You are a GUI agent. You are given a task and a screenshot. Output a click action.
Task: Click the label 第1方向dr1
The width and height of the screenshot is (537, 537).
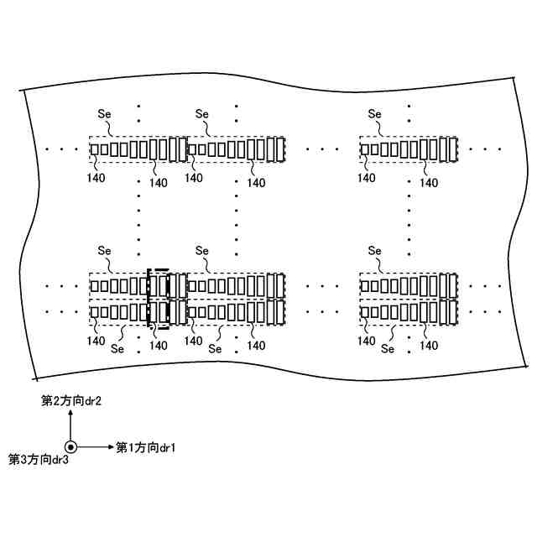[146, 446]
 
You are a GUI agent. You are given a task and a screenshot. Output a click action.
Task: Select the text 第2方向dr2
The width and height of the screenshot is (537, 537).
[71, 402]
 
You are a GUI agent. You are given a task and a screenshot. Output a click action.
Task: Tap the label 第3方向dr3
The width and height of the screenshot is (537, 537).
[38, 460]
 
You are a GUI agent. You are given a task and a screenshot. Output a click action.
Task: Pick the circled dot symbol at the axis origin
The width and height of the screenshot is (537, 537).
[71, 447]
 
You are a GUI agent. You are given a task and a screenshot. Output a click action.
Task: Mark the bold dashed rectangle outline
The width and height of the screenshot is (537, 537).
[159, 298]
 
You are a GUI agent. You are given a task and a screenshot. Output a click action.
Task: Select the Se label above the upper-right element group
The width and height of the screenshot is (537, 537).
[374, 113]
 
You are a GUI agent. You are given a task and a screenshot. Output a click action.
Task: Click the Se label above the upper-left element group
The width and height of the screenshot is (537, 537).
[105, 113]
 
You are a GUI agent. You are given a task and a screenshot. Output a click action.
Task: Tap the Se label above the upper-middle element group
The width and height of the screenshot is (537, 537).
[201, 113]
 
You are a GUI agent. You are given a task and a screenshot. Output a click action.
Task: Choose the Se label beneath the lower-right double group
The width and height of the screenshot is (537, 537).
[387, 349]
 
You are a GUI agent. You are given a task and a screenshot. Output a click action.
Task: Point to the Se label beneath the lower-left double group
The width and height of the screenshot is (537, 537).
[117, 349]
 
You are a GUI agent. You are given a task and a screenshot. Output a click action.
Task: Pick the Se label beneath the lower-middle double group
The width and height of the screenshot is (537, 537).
[215, 349]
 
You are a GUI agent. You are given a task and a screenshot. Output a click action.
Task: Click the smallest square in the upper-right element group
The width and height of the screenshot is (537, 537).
[365, 149]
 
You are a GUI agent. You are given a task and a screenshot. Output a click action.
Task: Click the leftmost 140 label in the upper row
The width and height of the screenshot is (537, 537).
[96, 177]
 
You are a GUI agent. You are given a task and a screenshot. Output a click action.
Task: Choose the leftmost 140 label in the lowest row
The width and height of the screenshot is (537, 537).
[96, 341]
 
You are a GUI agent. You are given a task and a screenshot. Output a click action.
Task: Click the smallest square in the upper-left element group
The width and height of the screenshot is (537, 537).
[95, 149]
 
